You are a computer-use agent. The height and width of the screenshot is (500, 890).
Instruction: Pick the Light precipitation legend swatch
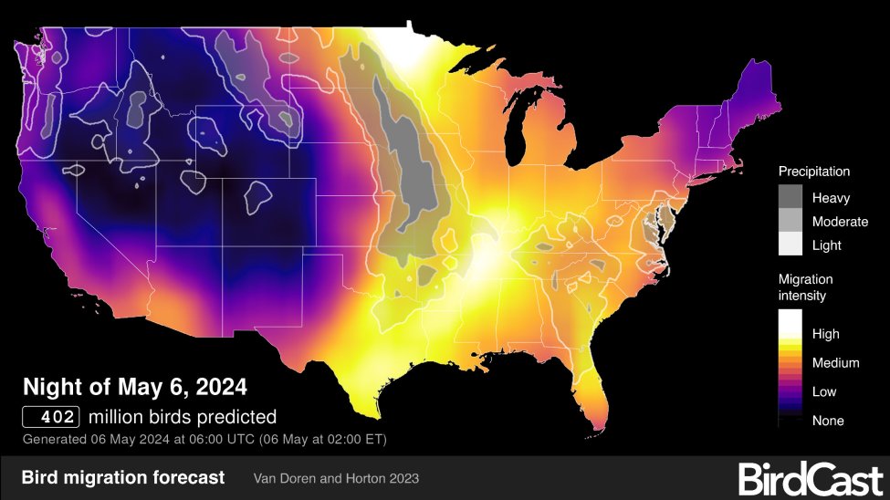[791, 245]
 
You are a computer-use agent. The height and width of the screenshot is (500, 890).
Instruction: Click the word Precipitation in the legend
[814, 172]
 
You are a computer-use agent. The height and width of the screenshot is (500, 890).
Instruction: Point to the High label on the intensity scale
[825, 334]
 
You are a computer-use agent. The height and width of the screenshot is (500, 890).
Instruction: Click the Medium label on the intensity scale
[835, 363]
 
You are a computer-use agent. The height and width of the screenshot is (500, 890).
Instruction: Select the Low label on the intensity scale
[824, 391]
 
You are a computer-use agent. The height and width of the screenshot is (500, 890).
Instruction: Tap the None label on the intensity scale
[828, 421]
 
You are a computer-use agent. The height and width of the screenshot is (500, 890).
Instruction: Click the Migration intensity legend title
[805, 287]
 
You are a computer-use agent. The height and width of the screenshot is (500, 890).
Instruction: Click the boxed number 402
[52, 418]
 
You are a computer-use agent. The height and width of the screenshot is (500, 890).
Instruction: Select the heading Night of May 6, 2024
[134, 387]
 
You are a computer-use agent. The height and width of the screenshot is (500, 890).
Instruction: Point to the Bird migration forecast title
[122, 477]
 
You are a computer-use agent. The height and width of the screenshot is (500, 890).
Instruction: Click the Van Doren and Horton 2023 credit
[336, 478]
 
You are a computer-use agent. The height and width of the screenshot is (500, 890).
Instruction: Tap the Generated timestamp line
[204, 440]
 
